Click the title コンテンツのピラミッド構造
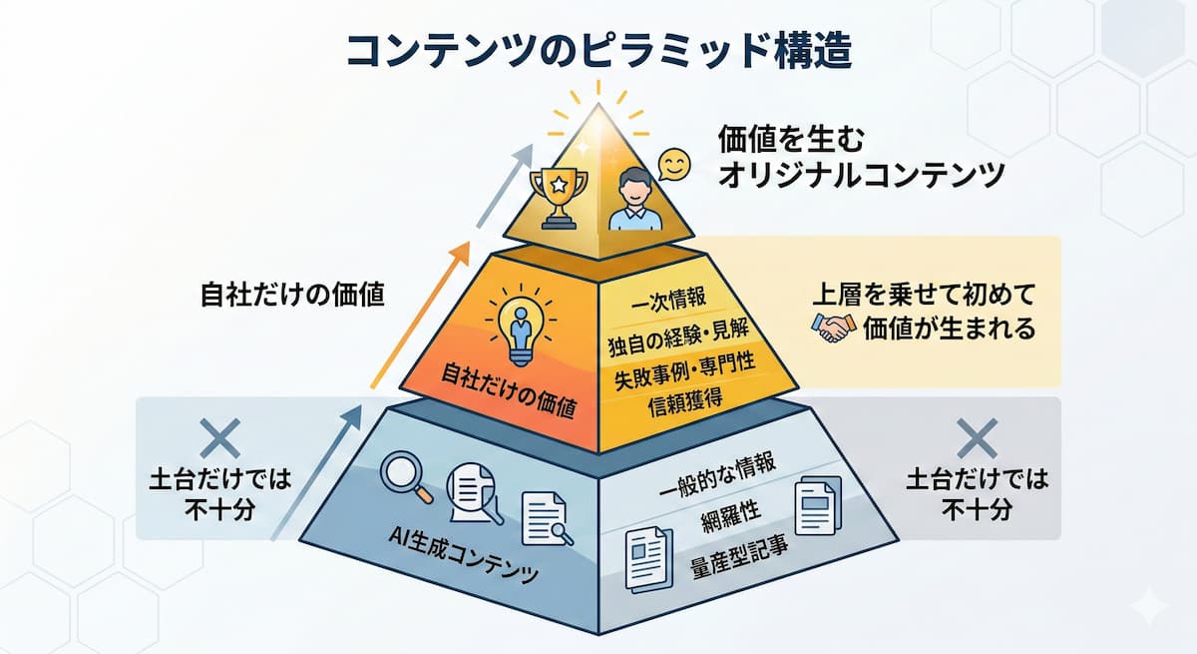pos(598,50)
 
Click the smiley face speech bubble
pos(675,166)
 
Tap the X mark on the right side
pos(977,438)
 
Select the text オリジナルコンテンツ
pos(862,176)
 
